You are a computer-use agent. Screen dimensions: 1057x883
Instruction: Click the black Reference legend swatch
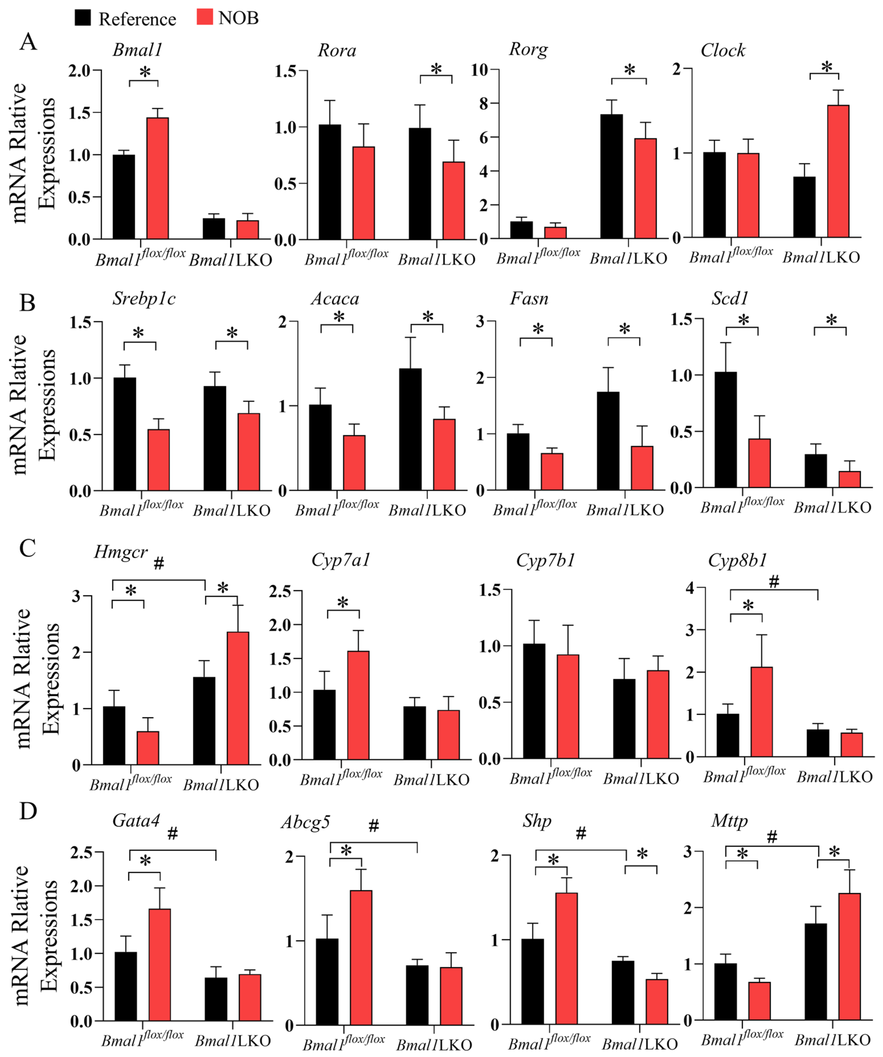click(83, 18)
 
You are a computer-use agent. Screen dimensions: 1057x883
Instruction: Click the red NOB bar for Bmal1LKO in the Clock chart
click(838, 171)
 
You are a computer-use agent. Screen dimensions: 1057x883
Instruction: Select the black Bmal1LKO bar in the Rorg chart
click(611, 176)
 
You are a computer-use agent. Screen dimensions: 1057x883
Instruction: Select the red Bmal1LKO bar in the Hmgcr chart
click(238, 699)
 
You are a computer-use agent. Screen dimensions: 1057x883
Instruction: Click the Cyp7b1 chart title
click(545, 560)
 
